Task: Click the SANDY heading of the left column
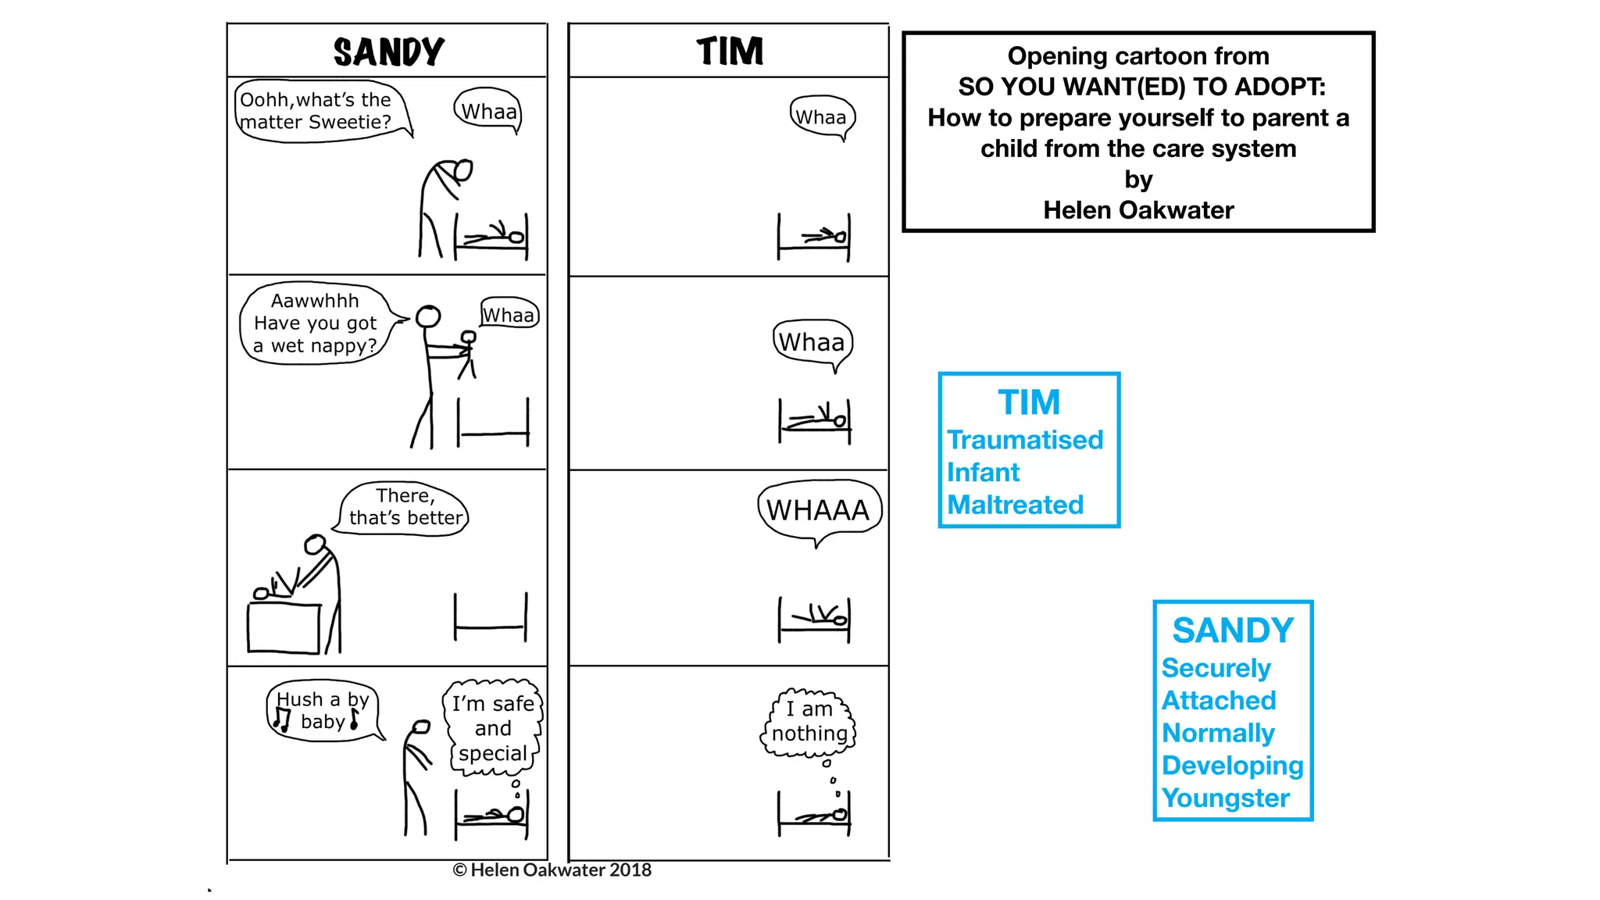[x=388, y=52]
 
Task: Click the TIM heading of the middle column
[x=730, y=52]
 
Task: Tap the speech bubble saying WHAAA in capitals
[x=818, y=510]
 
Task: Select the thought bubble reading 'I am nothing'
[x=809, y=722]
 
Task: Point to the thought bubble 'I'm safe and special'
[x=493, y=728]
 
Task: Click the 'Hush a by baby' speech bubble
[x=323, y=711]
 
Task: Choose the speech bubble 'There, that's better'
[x=405, y=508]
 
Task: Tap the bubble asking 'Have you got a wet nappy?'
[x=315, y=323]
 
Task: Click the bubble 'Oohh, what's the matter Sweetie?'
[x=316, y=111]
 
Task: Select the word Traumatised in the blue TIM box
[x=1025, y=440]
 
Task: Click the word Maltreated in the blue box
[x=1015, y=505]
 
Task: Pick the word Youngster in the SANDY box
[x=1225, y=798]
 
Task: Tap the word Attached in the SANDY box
[x=1219, y=700]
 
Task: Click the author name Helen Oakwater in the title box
[x=1138, y=210]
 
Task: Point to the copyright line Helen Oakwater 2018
[x=552, y=870]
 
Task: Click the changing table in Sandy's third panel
[x=284, y=627]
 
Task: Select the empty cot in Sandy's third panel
[x=491, y=617]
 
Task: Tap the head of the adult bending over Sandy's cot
[x=463, y=170]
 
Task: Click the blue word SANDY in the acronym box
[x=1233, y=630]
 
